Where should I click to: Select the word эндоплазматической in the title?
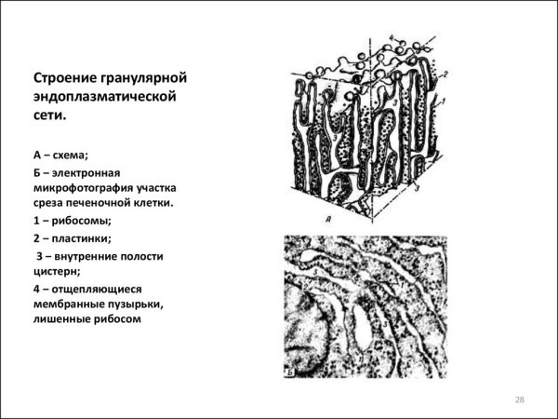pyautogui.click(x=104, y=96)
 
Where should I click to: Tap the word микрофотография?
pyautogui.click(x=86, y=187)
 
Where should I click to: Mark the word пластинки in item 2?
pyautogui.click(x=84, y=239)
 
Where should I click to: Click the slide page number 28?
pyautogui.click(x=520, y=400)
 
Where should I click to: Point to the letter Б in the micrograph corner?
pyautogui.click(x=291, y=372)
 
